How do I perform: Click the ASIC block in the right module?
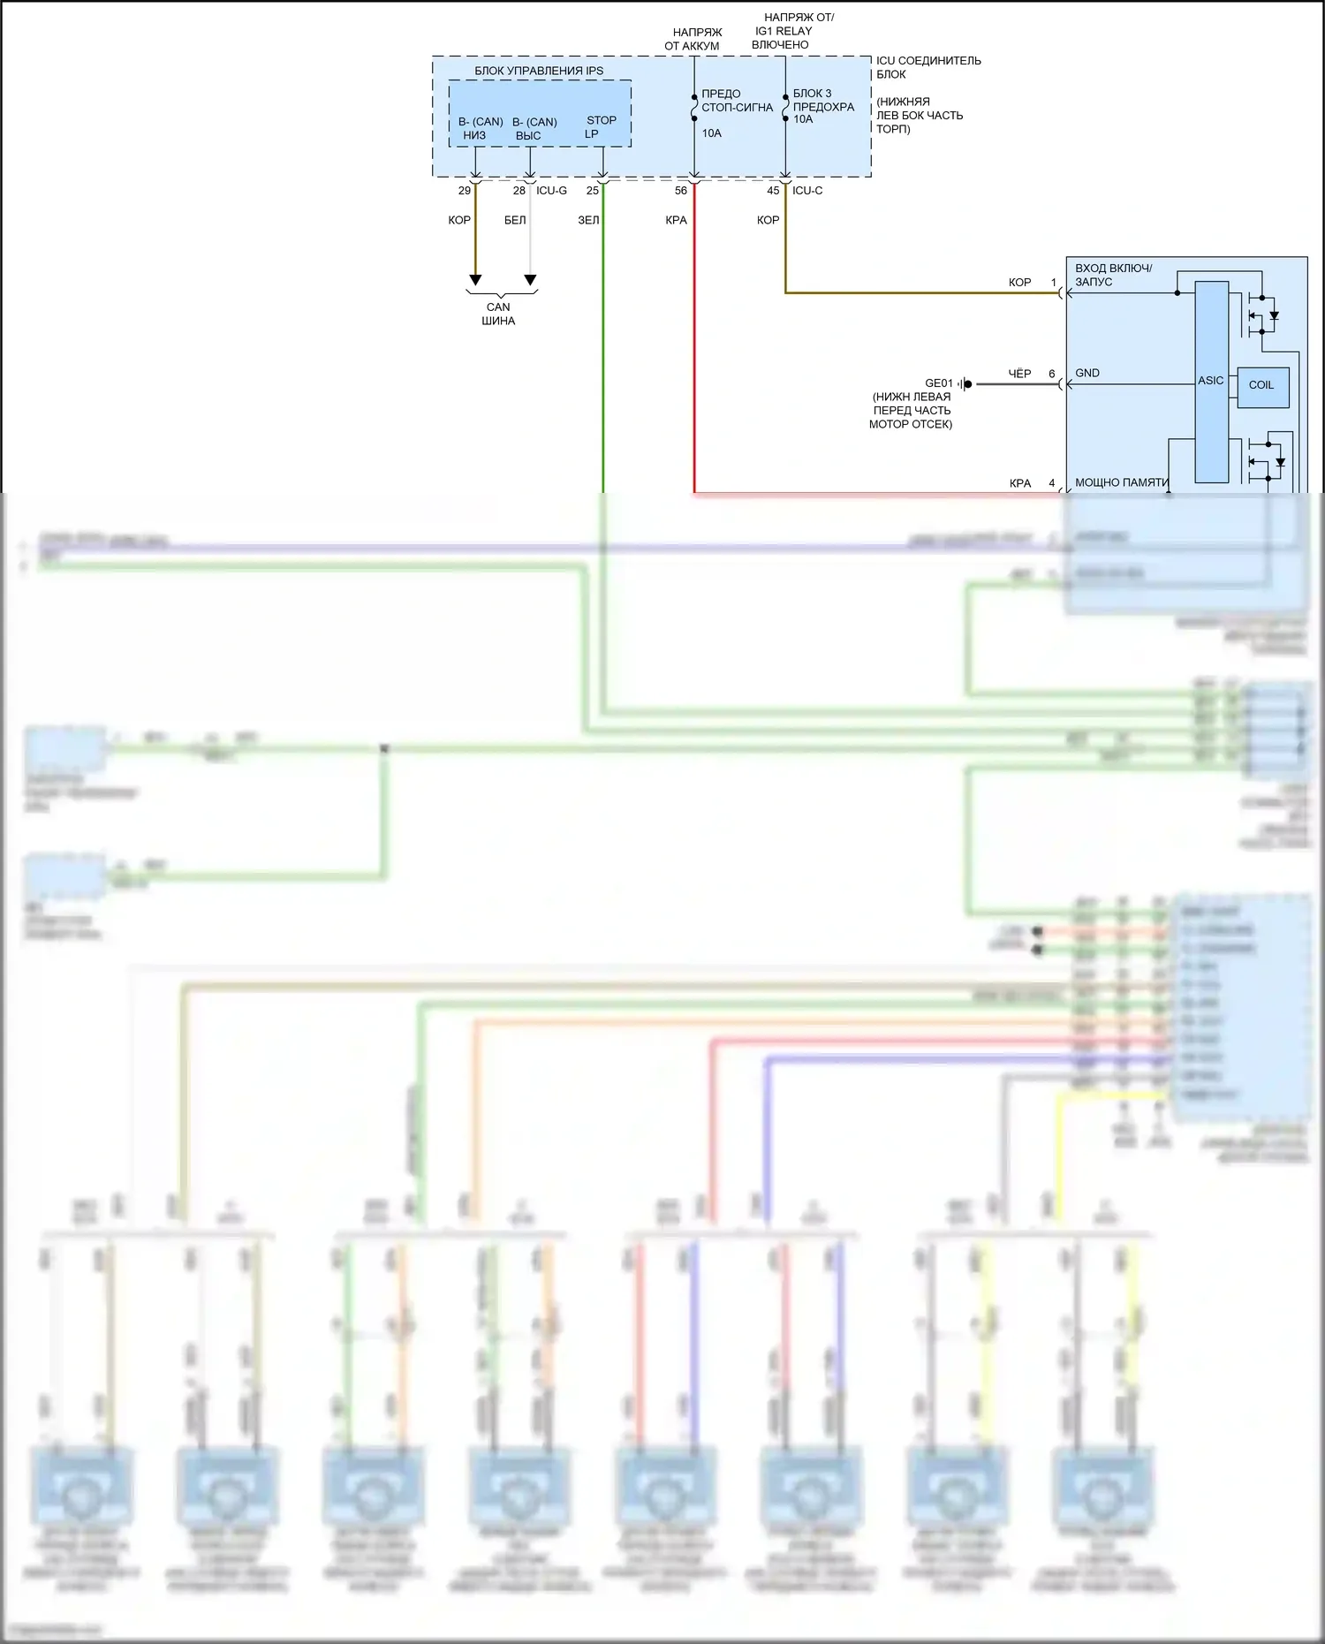point(1211,381)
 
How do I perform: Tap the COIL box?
point(1261,385)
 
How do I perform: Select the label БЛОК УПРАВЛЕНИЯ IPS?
point(539,71)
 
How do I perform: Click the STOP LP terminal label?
point(601,127)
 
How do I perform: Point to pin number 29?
point(465,191)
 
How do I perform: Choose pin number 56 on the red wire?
point(681,191)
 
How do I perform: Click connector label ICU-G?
point(551,191)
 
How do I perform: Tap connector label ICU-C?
point(807,191)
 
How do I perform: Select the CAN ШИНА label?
point(498,314)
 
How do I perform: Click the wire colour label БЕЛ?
point(515,220)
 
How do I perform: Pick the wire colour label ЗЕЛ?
point(588,220)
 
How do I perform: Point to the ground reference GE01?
point(938,383)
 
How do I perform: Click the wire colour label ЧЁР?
point(1019,374)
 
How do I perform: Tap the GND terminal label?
point(1087,373)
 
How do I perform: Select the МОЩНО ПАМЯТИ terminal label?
point(1121,483)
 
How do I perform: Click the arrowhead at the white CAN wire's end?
point(530,280)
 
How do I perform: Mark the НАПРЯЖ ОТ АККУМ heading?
point(693,39)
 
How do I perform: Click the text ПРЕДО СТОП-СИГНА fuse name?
point(737,101)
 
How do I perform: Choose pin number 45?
point(773,191)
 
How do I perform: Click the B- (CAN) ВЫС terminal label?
point(534,129)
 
